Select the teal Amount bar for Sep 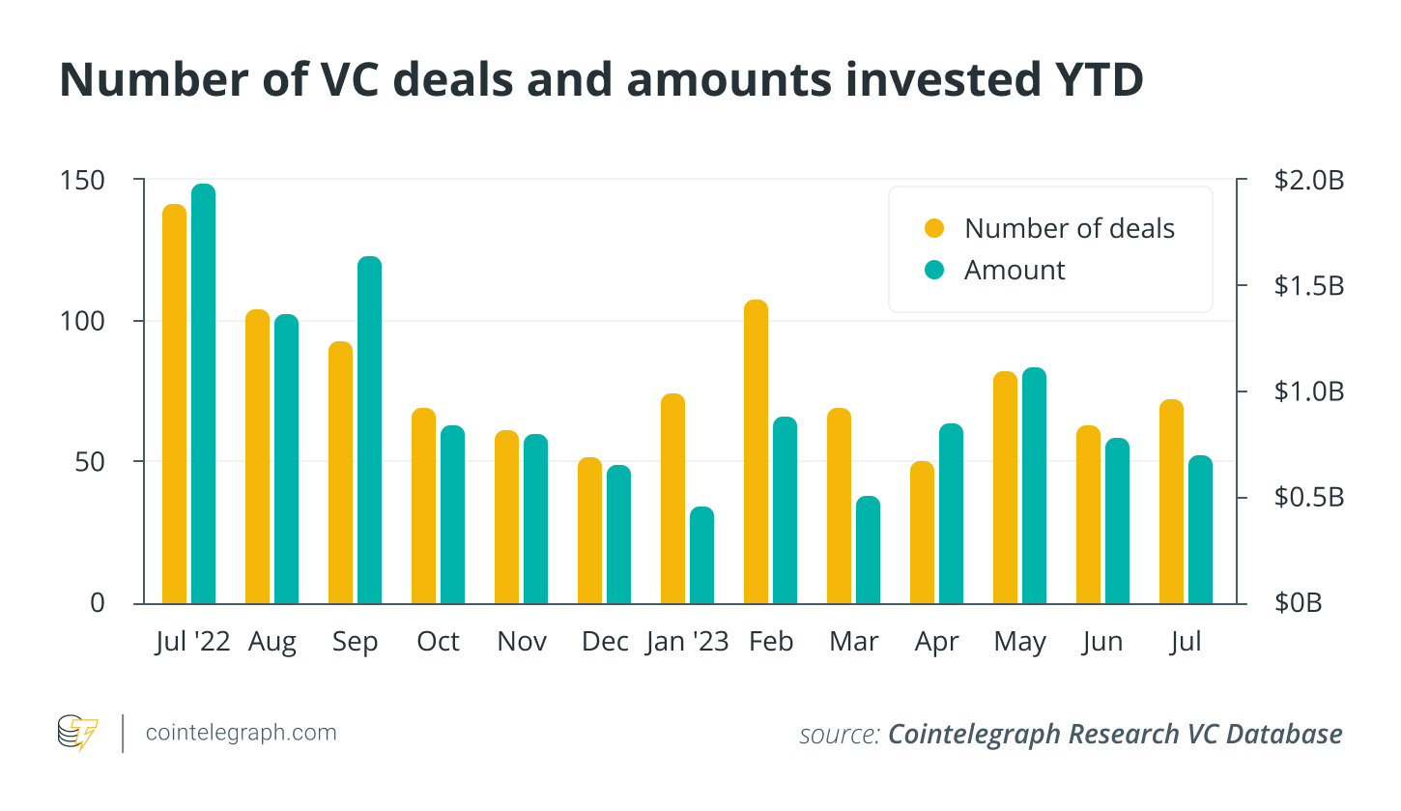[369, 430]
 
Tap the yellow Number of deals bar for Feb [756, 451]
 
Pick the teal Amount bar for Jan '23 [701, 555]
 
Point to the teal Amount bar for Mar [868, 550]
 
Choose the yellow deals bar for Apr [923, 533]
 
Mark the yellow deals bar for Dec [589, 531]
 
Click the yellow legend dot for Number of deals [933, 229]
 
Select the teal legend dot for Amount [933, 271]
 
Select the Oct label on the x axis [438, 643]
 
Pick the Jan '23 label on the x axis [687, 643]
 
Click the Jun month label [1102, 643]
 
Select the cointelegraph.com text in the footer [241, 733]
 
